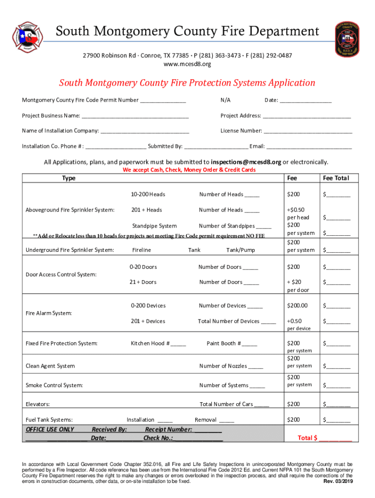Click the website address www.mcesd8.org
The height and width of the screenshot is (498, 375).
coord(187,64)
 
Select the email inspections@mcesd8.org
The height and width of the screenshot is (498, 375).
coord(246,162)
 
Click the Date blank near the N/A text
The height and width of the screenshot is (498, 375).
coord(305,101)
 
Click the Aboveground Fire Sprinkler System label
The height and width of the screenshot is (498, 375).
coord(70,210)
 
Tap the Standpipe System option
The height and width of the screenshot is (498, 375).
coord(154,226)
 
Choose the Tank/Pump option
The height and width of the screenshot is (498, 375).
coord(241,250)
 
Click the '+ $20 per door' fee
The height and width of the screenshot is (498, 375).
coord(294,286)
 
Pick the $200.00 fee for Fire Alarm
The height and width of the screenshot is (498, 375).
coord(297,306)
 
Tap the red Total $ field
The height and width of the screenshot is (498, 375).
coord(325,438)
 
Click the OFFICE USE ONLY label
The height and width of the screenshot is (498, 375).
coord(50,429)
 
